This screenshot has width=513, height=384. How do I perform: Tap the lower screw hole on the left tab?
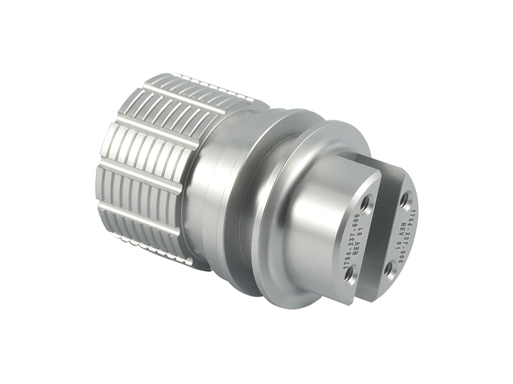coord(349,275)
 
